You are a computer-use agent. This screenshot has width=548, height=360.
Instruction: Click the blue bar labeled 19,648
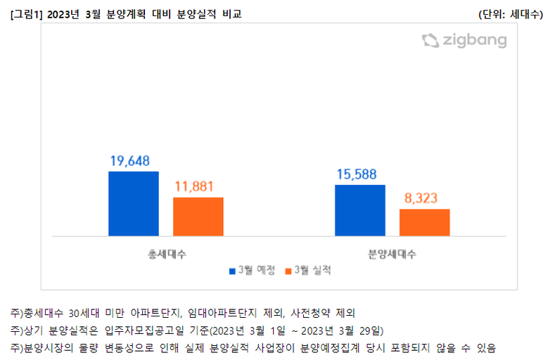click(x=134, y=203)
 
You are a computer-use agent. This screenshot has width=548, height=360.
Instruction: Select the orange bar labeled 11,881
click(x=198, y=217)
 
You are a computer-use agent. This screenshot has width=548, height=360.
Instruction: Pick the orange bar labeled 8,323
click(x=424, y=222)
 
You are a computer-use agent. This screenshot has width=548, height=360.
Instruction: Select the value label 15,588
click(x=360, y=174)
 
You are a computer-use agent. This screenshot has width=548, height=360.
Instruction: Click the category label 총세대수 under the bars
click(x=167, y=254)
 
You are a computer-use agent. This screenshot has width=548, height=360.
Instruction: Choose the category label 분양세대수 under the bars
click(x=393, y=254)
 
